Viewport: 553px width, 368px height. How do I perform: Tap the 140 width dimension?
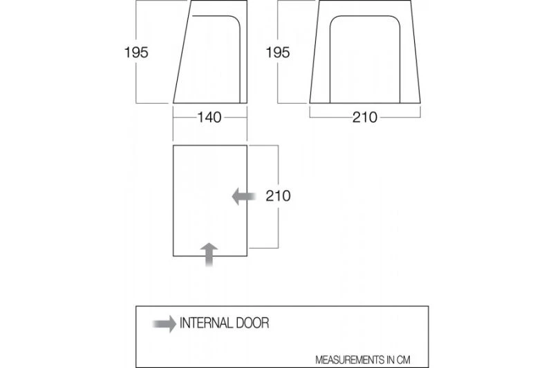[209, 117]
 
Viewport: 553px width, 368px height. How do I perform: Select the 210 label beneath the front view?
[364, 117]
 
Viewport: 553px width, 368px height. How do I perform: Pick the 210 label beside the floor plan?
[278, 196]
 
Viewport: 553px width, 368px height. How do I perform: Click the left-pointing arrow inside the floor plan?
[243, 196]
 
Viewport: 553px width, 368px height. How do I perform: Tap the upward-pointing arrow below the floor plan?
[210, 254]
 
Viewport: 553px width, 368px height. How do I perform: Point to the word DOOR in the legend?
[253, 322]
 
